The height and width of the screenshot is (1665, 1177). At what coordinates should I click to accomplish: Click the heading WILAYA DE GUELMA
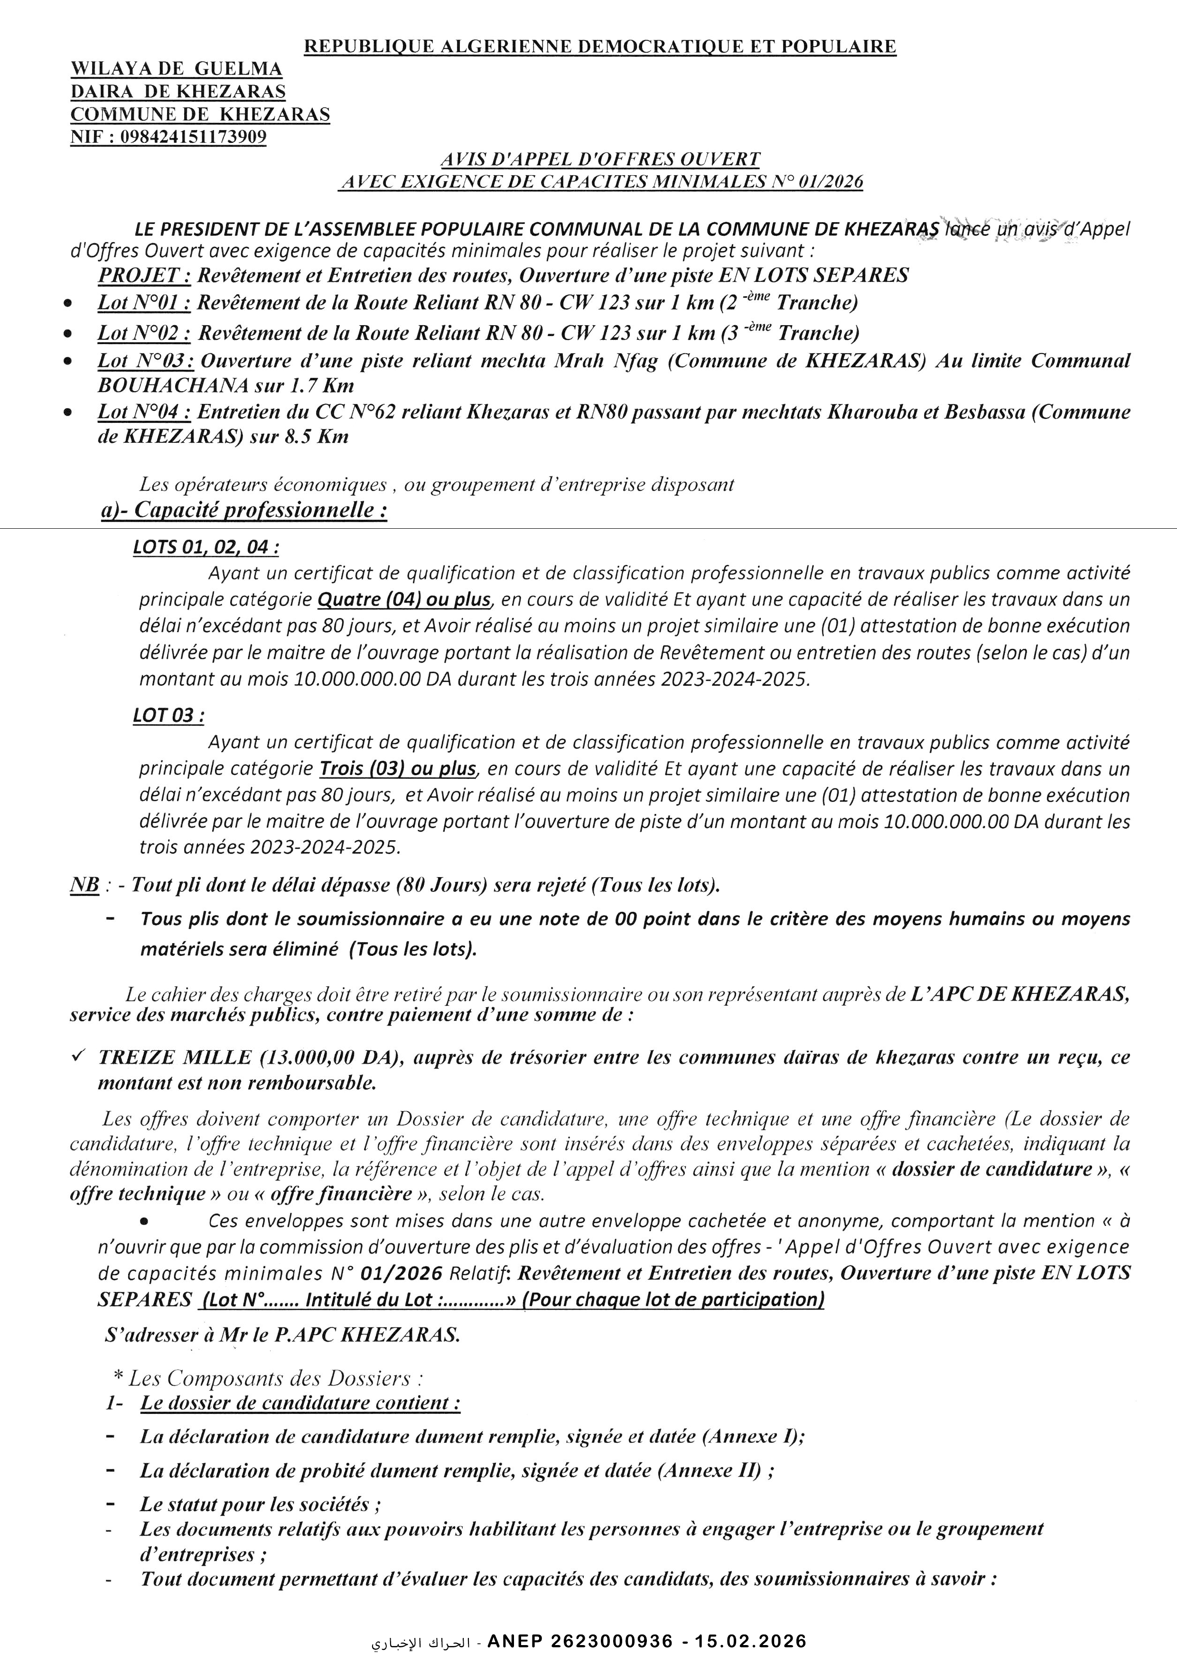[x=176, y=69]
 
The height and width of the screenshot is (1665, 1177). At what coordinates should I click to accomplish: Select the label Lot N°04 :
[x=144, y=412]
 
